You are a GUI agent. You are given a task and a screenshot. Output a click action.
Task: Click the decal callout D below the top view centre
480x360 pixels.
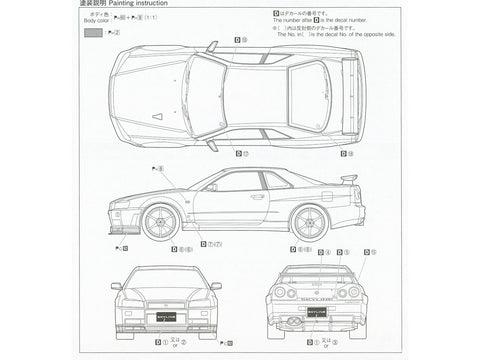[240, 151]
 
